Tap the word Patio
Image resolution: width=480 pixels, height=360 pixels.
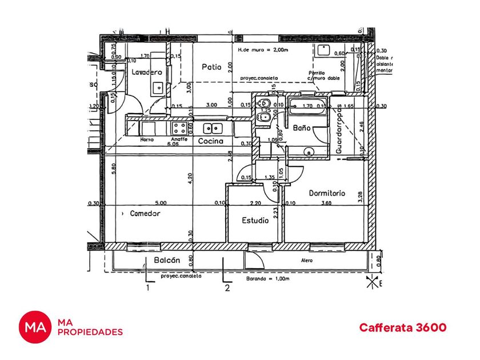(x=211, y=67)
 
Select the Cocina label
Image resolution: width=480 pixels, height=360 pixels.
(x=210, y=141)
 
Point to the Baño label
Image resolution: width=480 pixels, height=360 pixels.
(x=302, y=128)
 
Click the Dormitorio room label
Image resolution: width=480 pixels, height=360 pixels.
(x=327, y=193)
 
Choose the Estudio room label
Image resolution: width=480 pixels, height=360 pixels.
(x=255, y=220)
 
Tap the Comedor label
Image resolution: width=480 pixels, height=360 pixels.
(x=145, y=213)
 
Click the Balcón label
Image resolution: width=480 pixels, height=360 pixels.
(x=167, y=261)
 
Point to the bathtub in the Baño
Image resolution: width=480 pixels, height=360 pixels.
(x=307, y=105)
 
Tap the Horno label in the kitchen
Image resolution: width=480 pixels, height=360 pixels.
(x=147, y=139)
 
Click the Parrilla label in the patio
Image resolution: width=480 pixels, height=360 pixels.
(x=318, y=73)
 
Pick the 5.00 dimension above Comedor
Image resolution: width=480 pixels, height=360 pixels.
(x=161, y=203)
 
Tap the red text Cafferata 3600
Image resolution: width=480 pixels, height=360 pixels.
(x=402, y=327)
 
